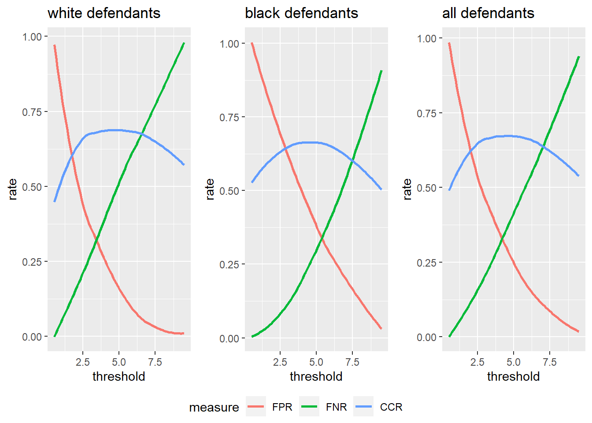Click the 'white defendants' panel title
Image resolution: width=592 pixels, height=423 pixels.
(104, 13)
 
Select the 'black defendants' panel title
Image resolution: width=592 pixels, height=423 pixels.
(301, 13)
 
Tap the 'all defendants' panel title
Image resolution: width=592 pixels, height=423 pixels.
(488, 13)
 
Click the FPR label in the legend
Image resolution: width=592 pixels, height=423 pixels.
(282, 407)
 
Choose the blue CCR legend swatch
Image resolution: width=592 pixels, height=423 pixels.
(363, 407)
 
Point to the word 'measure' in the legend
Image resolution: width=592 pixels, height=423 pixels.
(214, 408)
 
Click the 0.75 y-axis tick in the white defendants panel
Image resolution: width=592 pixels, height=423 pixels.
(32, 112)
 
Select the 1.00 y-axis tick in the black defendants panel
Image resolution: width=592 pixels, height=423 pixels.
(229, 44)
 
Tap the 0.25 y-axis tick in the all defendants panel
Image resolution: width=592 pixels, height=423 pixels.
(426, 263)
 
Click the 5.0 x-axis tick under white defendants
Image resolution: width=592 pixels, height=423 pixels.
(118, 362)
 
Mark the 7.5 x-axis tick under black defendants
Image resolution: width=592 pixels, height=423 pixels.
(352, 362)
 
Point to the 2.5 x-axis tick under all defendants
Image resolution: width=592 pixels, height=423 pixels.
(477, 362)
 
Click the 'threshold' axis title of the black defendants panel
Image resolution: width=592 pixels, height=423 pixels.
(316, 376)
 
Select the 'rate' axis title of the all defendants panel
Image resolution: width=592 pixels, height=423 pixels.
(407, 189)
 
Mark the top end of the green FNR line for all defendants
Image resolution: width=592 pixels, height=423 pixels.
(578, 57)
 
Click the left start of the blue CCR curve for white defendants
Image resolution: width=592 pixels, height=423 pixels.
(55, 201)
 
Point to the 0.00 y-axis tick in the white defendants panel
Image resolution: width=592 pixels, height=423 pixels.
(32, 337)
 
